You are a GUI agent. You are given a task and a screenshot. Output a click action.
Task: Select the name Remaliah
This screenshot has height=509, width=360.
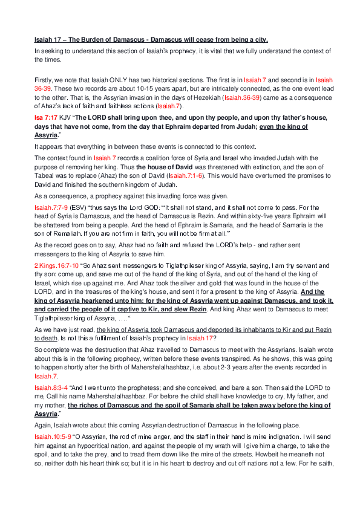click(56, 230)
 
